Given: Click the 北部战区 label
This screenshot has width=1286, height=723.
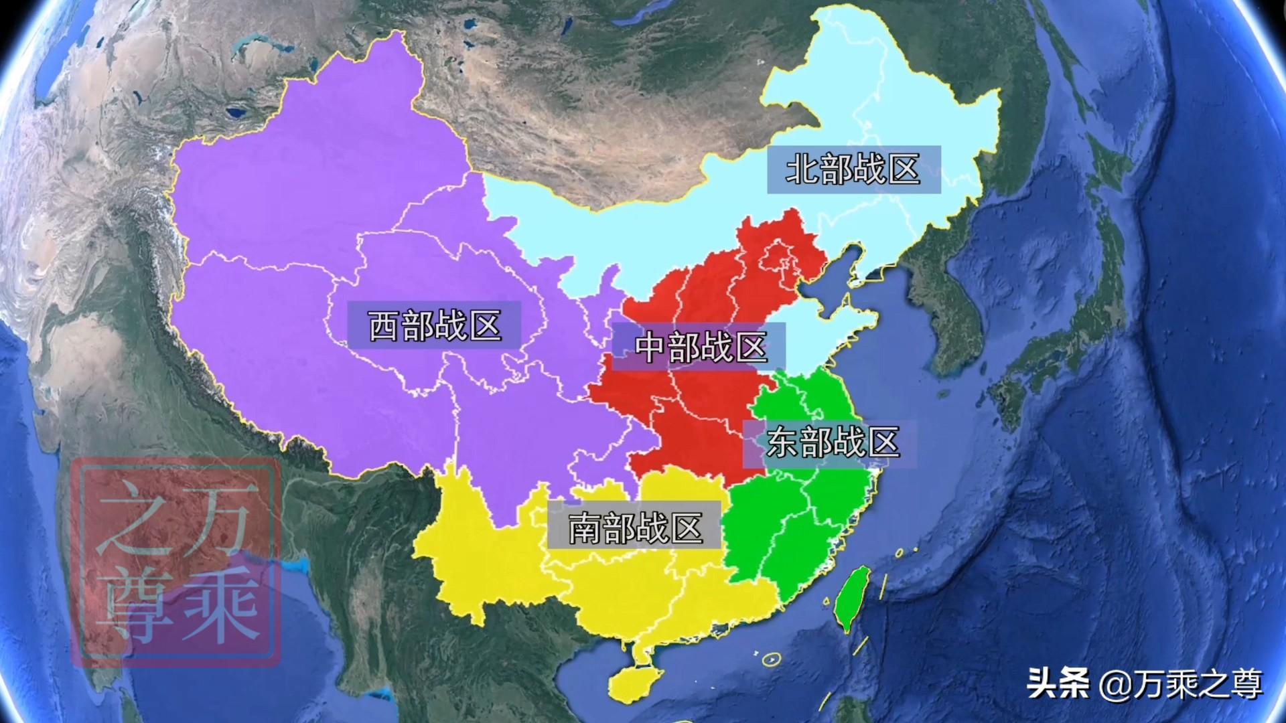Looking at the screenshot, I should point(853,169).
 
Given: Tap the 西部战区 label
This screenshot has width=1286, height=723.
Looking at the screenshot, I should point(434,325).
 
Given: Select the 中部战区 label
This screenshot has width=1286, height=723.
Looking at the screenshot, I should point(699,347).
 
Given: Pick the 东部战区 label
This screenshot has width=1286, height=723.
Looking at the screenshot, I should point(831,442).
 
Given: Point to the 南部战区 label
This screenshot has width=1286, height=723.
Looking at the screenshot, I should point(635,528).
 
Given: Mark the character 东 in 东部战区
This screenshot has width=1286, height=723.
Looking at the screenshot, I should point(782,442).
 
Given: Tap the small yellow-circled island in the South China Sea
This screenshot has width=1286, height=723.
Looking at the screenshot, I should point(772,659).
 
